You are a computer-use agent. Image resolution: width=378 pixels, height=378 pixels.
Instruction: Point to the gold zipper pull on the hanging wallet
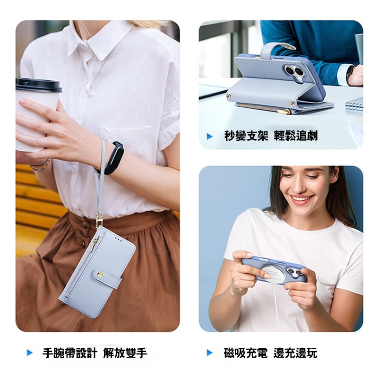(96, 242)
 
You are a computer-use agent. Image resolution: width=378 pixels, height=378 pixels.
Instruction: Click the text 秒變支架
(246, 136)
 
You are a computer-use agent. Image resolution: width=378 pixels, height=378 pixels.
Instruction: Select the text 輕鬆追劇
(296, 136)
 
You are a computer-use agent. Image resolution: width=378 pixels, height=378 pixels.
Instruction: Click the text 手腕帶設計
(69, 352)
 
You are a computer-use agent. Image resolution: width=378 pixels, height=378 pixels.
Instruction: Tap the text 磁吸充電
(246, 352)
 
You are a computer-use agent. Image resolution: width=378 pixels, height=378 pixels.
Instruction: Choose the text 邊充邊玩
(296, 352)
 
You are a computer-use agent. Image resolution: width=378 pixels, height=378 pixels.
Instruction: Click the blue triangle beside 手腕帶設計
(30, 352)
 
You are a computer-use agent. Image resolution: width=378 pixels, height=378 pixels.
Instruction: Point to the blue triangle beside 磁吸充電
(210, 352)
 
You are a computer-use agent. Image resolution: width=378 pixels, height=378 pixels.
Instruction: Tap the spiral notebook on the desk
(354, 103)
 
